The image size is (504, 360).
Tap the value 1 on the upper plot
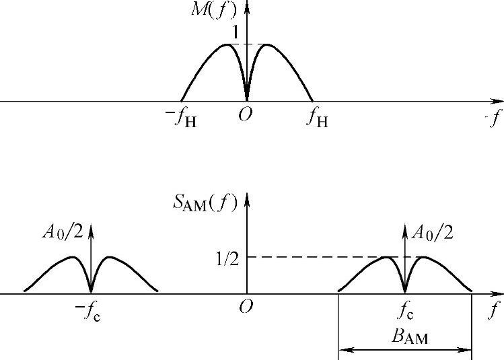[236, 32]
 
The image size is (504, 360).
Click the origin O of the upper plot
[246, 116]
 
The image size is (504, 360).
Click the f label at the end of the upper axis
[496, 119]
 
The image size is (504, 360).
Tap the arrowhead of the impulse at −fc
[92, 226]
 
